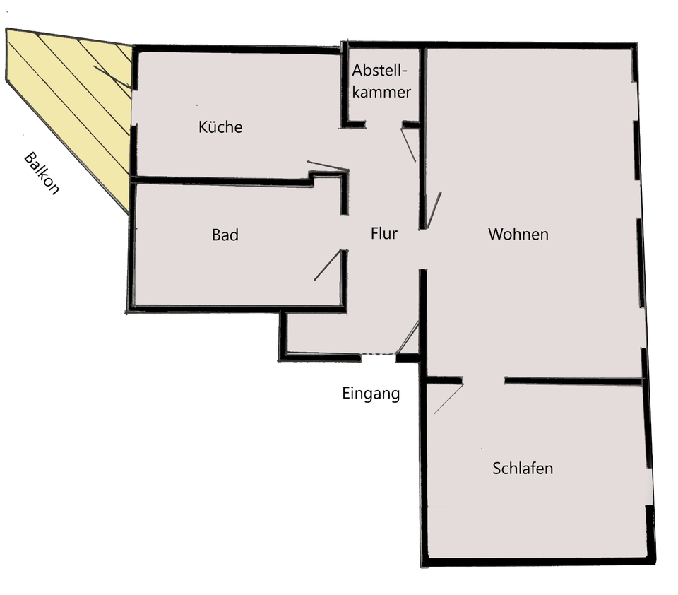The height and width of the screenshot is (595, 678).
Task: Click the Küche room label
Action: (220, 128)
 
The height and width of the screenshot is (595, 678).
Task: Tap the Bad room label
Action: (225, 235)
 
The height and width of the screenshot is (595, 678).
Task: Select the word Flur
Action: (384, 234)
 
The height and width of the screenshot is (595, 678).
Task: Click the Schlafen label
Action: (523, 469)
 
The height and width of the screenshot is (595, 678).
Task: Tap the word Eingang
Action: (371, 394)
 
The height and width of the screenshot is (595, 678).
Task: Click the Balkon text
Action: (42, 173)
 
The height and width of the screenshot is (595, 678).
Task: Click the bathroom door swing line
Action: (327, 266)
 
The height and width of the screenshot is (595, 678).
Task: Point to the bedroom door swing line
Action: (448, 399)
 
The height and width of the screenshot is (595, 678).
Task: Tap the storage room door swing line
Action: (409, 145)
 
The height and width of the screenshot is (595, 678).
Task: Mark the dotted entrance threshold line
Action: (379, 354)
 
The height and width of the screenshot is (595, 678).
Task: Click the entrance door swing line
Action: (408, 338)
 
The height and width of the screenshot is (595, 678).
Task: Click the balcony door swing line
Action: (112, 77)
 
